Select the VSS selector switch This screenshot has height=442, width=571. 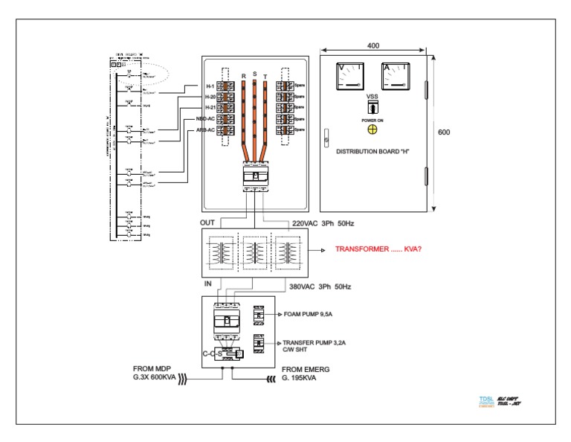[372, 107]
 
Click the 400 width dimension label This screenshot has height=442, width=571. [373, 46]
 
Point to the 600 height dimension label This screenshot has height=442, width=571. [444, 132]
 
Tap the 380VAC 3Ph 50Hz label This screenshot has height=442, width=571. [320, 286]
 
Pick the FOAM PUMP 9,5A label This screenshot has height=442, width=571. [309, 315]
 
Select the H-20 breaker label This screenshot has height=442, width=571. [211, 97]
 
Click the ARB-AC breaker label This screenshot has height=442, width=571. [206, 129]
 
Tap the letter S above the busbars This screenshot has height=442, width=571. [255, 74]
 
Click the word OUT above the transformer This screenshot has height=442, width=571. [208, 222]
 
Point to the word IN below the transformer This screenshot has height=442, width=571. [208, 284]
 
